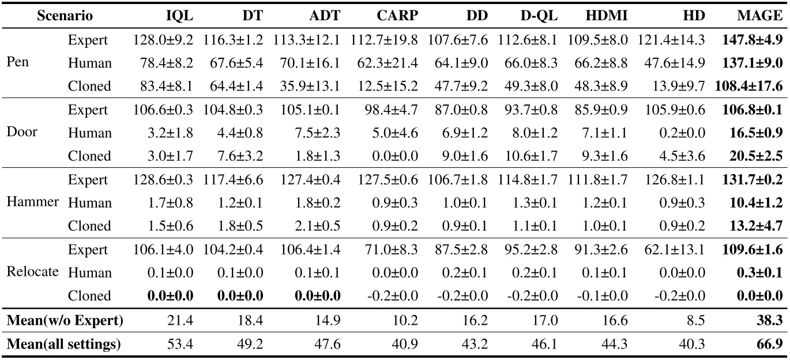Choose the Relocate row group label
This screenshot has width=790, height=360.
pyautogui.click(x=33, y=272)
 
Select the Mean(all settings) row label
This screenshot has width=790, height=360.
pyautogui.click(x=64, y=345)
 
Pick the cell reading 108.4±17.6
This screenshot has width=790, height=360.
pyautogui.click(x=748, y=86)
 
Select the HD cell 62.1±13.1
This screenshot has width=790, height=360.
pyautogui.click(x=676, y=249)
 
